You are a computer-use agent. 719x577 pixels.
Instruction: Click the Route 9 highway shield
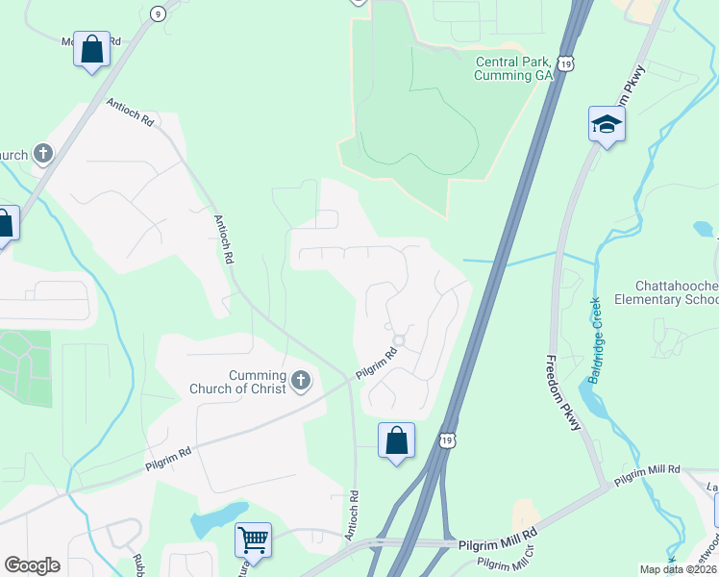click(158, 13)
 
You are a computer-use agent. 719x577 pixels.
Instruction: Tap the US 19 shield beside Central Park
click(568, 63)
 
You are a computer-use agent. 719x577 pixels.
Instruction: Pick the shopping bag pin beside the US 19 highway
click(396, 441)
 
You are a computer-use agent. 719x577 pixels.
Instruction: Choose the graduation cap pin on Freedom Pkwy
click(607, 125)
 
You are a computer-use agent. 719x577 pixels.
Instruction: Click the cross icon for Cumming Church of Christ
click(301, 382)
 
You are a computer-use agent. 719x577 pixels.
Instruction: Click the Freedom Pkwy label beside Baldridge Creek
click(563, 394)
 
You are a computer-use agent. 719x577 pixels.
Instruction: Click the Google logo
click(32, 565)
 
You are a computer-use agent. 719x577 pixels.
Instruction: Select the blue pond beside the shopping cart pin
click(216, 518)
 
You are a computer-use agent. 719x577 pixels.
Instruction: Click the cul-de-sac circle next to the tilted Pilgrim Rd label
click(400, 341)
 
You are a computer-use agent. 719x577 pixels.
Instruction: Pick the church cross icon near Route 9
click(43, 153)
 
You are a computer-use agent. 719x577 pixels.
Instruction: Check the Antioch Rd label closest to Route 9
click(130, 113)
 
